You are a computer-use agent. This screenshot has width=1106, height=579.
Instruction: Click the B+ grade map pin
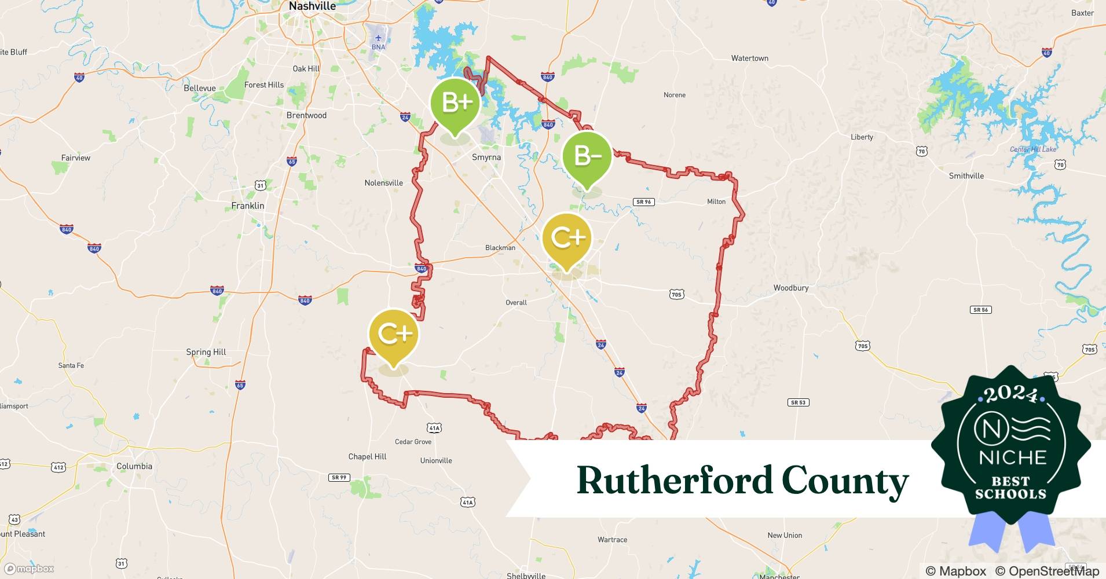pos(456,104)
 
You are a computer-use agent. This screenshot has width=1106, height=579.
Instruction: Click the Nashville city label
pos(312,6)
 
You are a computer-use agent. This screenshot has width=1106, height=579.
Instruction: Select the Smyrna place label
pos(486,157)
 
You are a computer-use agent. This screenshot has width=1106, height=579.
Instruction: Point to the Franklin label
pos(248,206)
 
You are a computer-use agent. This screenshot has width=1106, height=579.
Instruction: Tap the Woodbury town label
pos(791,288)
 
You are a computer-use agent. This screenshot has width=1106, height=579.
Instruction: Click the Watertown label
pos(750,58)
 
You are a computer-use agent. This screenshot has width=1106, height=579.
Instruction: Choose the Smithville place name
pos(966,175)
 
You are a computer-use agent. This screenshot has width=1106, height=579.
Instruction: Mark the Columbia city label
pos(134,466)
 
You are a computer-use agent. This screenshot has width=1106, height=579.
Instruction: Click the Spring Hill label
pos(206,352)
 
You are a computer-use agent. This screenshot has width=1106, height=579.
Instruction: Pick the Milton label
pos(716,201)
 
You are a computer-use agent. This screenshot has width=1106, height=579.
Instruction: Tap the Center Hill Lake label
pos(1033,149)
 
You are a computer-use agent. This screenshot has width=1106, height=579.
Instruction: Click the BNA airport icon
pos(378,39)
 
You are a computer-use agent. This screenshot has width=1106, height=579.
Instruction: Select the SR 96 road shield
pos(644,202)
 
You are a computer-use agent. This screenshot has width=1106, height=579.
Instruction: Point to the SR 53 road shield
pos(798,402)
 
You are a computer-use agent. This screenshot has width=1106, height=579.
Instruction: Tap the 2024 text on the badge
pos(1011,394)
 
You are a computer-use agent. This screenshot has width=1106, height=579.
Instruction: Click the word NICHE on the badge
pos(1013,458)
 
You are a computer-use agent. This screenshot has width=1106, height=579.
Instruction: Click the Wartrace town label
pos(613,540)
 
